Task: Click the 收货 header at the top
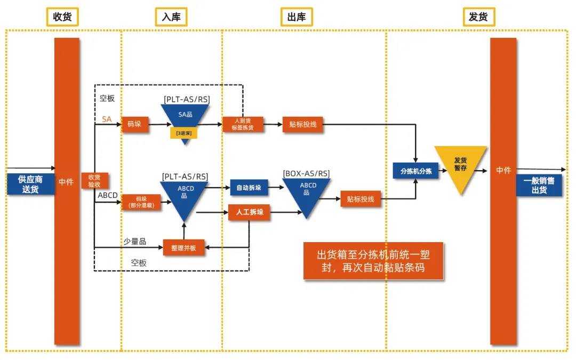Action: [62, 17]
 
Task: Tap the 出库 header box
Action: [297, 17]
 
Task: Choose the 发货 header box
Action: [478, 17]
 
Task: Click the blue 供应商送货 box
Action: [30, 183]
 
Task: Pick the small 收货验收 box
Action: [94, 181]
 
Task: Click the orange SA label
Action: [107, 119]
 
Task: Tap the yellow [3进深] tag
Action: [184, 133]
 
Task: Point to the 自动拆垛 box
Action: [249, 188]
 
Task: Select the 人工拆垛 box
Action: [249, 212]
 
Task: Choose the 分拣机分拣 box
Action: [415, 171]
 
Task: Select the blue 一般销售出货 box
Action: [539, 185]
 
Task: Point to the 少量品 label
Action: [135, 241]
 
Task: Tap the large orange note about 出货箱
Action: [373, 261]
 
